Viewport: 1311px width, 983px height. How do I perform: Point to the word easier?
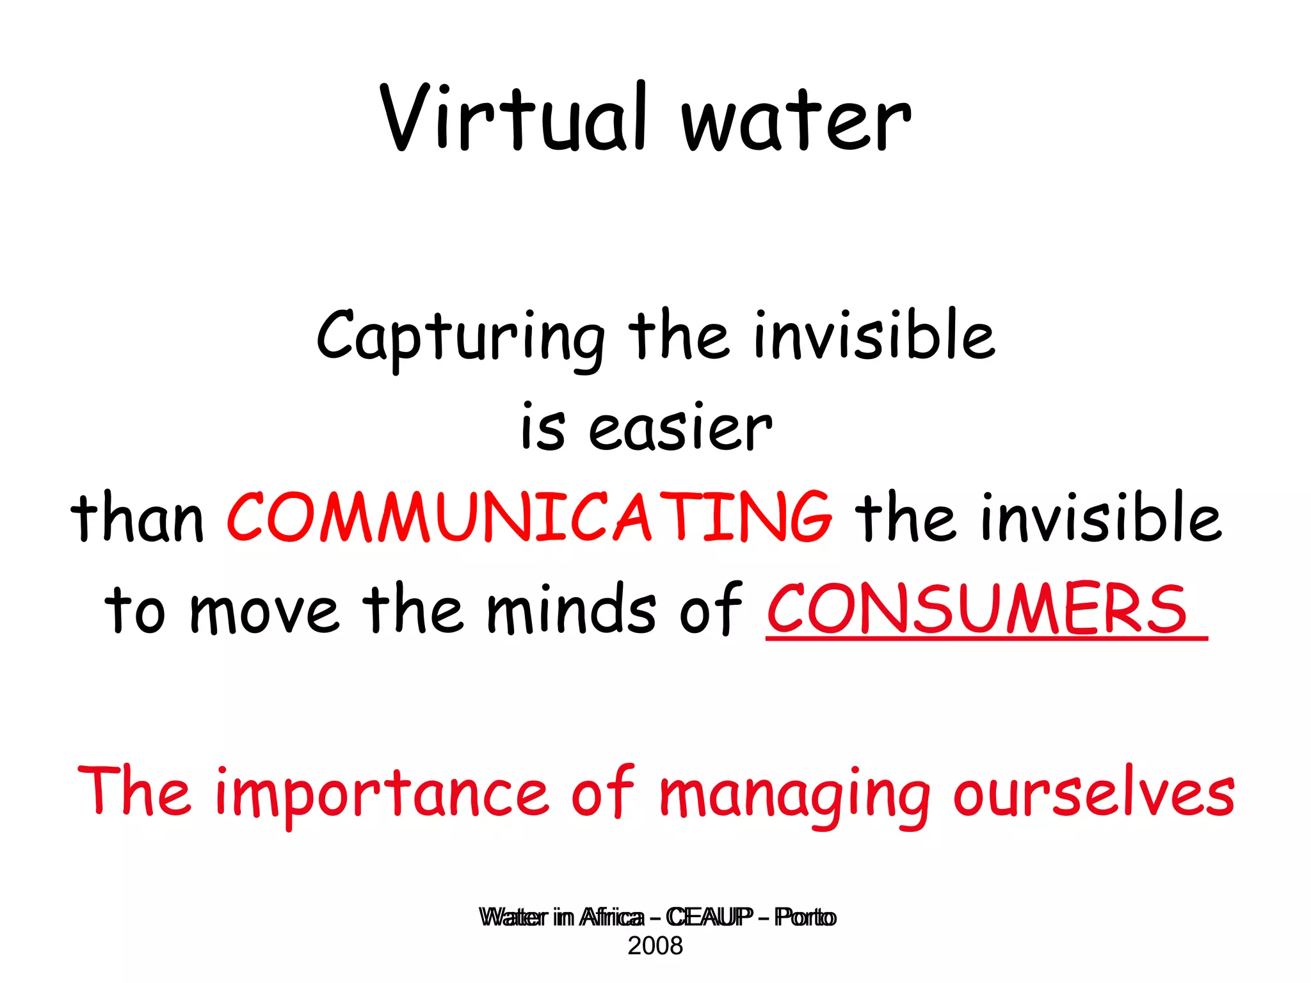[x=680, y=429]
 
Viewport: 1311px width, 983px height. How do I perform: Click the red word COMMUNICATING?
[x=529, y=517]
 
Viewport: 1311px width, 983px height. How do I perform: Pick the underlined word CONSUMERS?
[x=977, y=609]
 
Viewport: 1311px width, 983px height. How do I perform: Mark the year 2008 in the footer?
[x=655, y=946]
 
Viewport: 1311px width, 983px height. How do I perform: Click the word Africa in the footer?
[x=611, y=917]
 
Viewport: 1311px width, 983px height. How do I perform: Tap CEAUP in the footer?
[x=709, y=917]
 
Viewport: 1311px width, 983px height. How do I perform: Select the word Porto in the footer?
[x=805, y=917]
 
